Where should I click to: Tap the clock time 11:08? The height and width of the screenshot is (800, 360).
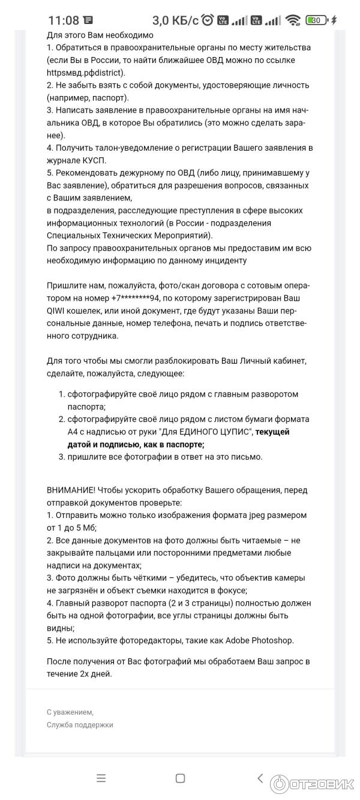click(64, 20)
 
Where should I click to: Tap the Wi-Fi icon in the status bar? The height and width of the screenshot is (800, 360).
click(293, 20)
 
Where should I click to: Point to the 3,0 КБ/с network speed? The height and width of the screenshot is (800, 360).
click(175, 20)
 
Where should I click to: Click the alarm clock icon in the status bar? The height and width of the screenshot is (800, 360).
click(208, 20)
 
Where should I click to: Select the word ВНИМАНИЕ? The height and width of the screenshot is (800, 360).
click(71, 490)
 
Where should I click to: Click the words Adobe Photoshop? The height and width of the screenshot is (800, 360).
click(259, 640)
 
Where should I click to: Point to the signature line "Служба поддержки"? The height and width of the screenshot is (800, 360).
click(80, 724)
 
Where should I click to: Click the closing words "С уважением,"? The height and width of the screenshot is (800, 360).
click(70, 712)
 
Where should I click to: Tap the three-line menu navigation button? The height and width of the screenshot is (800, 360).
click(101, 778)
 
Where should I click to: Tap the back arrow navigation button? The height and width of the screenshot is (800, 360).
click(260, 778)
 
